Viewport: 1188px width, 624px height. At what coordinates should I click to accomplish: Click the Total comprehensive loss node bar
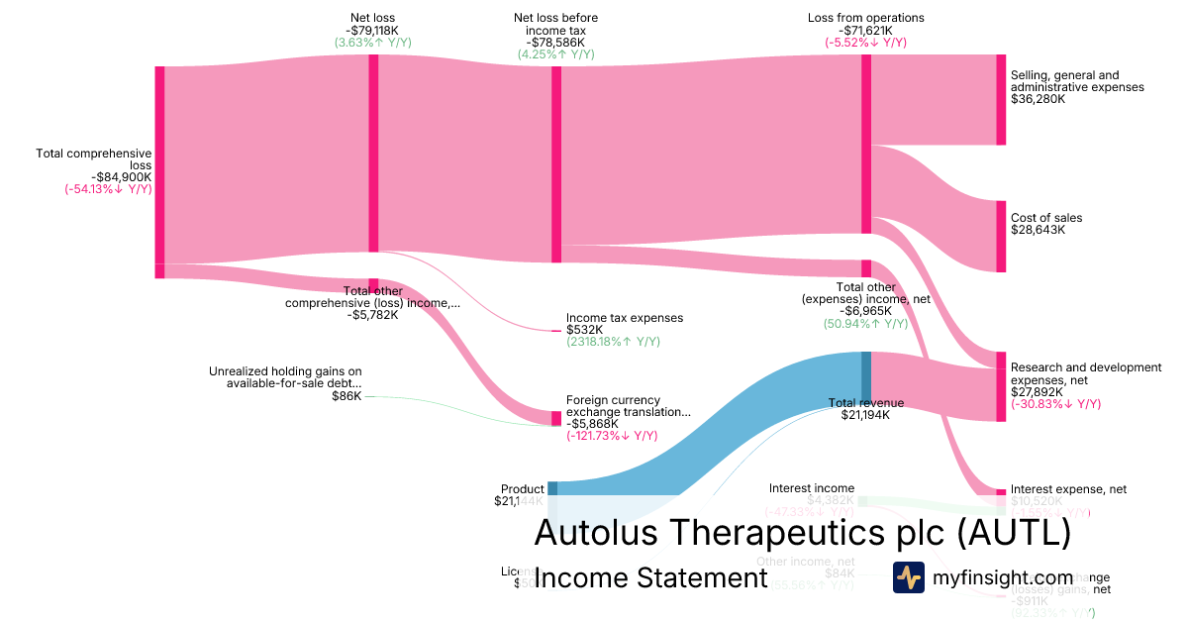[159, 164]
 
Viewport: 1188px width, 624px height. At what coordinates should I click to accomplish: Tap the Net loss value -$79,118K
[373, 30]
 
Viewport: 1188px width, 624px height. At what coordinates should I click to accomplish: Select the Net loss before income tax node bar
[556, 164]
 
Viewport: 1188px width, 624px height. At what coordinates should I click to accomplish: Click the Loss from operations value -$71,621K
[865, 30]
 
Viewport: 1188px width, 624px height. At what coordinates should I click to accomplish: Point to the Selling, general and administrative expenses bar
[1001, 99]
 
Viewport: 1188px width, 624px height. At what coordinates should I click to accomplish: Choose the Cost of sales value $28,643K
[1038, 230]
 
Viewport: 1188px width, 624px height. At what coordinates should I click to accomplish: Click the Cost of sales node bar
[1001, 236]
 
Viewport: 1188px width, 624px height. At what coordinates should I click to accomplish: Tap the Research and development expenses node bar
[1001, 386]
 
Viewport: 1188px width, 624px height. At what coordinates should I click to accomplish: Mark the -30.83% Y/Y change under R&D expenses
[1055, 404]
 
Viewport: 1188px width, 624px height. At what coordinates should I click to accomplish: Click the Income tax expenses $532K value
[584, 330]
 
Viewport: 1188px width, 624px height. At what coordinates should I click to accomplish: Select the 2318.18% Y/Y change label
[612, 343]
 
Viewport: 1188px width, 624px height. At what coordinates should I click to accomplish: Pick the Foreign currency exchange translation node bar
[556, 418]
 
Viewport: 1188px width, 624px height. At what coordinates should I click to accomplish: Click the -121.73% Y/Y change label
[612, 436]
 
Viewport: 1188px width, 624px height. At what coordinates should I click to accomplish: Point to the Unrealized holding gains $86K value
[346, 396]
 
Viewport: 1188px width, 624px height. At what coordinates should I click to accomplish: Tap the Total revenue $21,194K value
[865, 415]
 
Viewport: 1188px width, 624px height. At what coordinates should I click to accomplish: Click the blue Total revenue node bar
[866, 376]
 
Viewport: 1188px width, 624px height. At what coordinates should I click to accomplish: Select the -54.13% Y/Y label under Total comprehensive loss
[109, 189]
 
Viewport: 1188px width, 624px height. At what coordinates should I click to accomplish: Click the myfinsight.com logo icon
[908, 577]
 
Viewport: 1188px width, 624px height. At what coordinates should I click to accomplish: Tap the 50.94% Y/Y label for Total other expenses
[865, 324]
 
